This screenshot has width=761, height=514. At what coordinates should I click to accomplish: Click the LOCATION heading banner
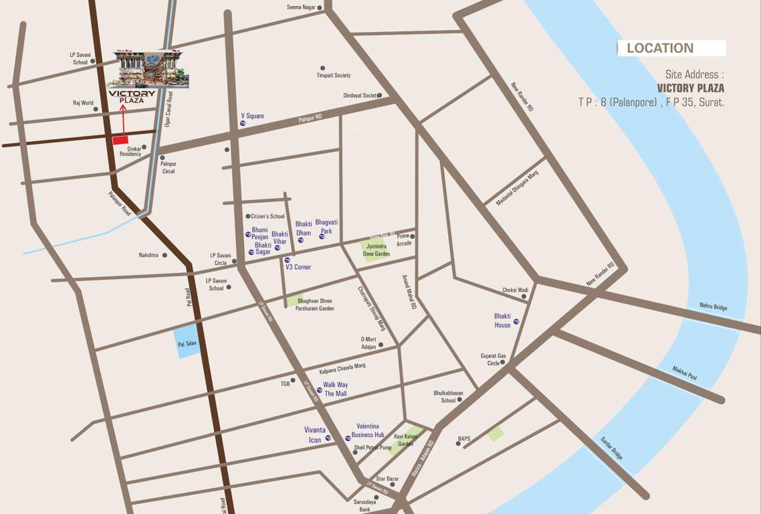(671, 48)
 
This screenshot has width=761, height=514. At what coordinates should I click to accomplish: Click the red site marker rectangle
(120, 140)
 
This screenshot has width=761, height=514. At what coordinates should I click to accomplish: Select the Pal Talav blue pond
(187, 342)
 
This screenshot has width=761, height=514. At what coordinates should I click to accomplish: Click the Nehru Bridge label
(714, 307)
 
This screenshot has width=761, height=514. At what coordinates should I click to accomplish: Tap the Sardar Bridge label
(611, 446)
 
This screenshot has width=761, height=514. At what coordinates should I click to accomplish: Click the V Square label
(252, 116)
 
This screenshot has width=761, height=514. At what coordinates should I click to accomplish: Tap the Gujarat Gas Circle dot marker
(503, 363)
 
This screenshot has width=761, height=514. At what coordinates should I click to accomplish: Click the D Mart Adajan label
(368, 343)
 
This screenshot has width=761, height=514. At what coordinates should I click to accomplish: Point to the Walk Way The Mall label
(336, 390)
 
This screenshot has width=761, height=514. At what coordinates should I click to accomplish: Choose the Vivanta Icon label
(315, 435)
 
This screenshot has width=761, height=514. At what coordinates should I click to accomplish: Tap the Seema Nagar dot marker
(320, 8)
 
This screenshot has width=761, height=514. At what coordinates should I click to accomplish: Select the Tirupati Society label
(333, 76)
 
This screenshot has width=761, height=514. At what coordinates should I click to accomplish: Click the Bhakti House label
(502, 321)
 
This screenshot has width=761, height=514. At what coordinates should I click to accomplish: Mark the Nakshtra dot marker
(165, 255)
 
